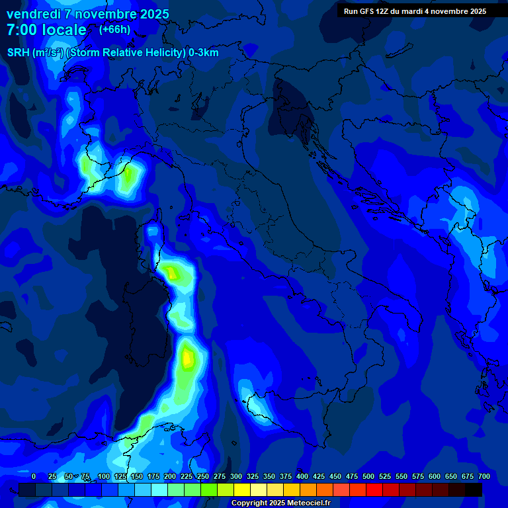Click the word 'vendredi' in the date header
point(33,14)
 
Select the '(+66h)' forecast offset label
point(115,30)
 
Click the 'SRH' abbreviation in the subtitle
point(18,53)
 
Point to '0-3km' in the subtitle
point(204,53)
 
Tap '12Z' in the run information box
point(383,11)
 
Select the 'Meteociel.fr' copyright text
point(304,503)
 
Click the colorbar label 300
point(236,477)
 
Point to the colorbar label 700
point(484,477)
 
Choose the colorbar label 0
point(34,477)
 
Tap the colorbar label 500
point(368,477)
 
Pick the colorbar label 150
point(137,477)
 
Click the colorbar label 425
point(319,477)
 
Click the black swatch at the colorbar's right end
point(474,489)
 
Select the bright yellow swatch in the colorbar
point(242,489)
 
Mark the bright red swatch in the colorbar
point(374,489)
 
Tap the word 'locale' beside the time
point(64,30)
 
